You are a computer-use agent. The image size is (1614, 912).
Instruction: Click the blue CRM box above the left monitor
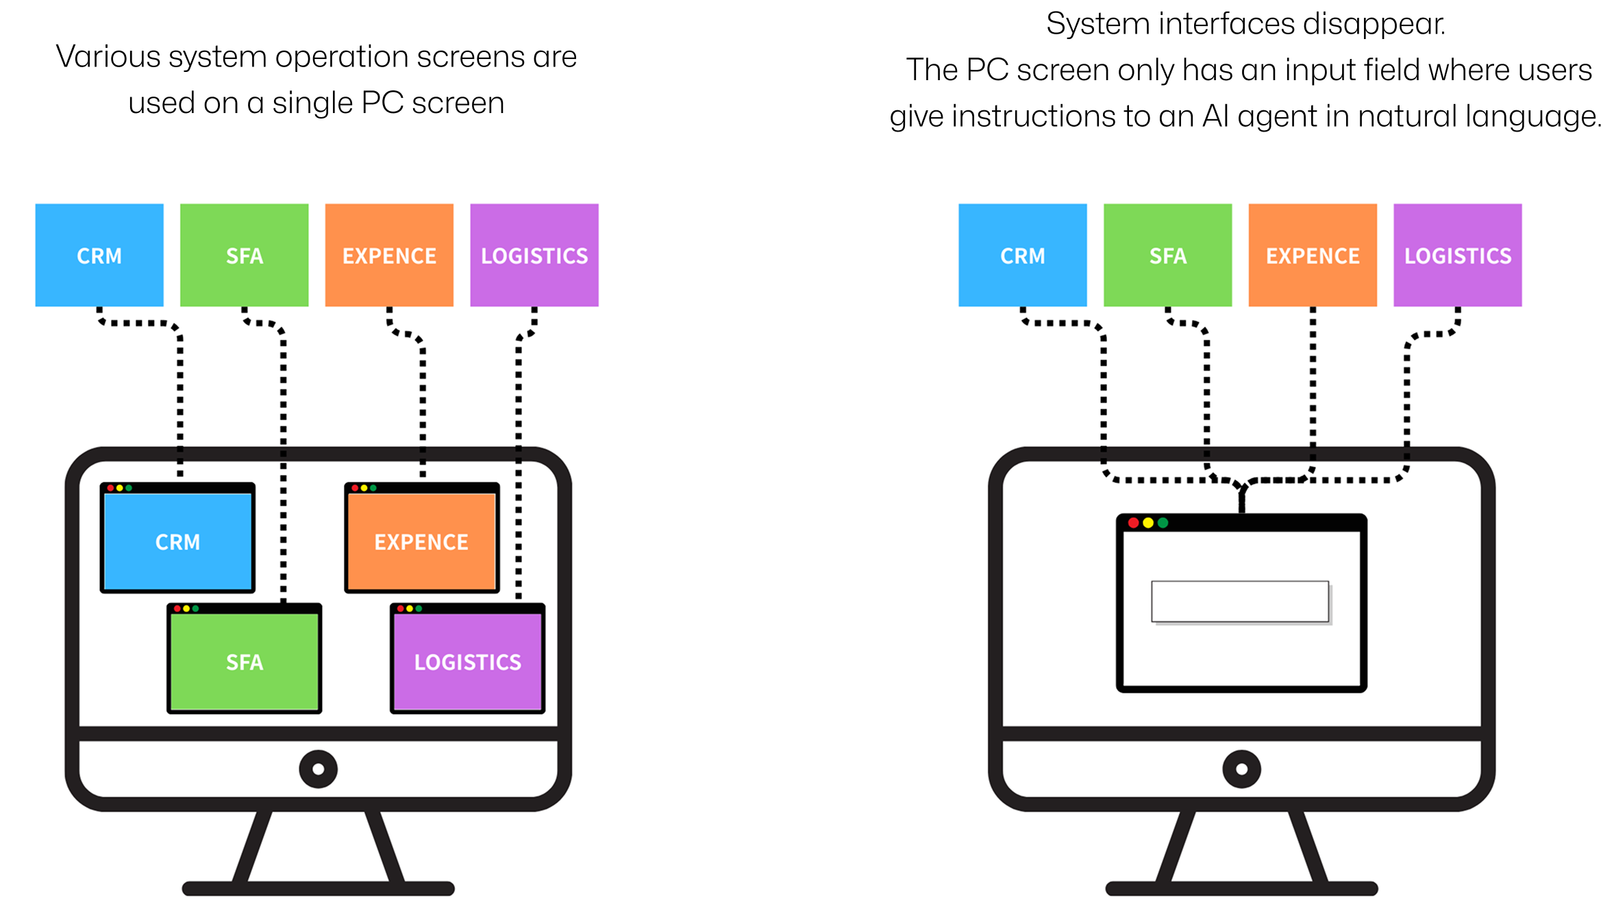pyautogui.click(x=99, y=255)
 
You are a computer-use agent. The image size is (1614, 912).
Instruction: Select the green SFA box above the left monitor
pyautogui.click(x=244, y=255)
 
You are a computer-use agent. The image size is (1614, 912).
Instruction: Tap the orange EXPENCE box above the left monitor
pyautogui.click(x=389, y=255)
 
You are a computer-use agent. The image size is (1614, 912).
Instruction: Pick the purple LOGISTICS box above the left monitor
pyautogui.click(x=534, y=255)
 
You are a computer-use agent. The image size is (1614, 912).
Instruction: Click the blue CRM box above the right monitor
pyautogui.click(x=1022, y=255)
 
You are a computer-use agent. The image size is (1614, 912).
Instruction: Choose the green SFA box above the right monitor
pyautogui.click(x=1167, y=255)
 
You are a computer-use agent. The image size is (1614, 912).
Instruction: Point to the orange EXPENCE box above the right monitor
pyautogui.click(x=1313, y=255)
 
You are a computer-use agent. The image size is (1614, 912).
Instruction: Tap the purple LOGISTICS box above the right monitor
pyautogui.click(x=1458, y=255)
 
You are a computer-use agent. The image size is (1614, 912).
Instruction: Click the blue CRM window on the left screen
pyautogui.click(x=177, y=541)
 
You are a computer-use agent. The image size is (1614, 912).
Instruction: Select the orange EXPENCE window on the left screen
pyautogui.click(x=421, y=541)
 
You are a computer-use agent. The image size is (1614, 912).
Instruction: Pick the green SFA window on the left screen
pyautogui.click(x=245, y=661)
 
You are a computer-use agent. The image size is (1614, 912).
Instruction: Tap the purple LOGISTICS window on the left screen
pyautogui.click(x=467, y=661)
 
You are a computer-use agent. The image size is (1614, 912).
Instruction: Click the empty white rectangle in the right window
pyautogui.click(x=1240, y=602)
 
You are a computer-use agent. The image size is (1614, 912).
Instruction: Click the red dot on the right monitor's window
pyautogui.click(x=1133, y=523)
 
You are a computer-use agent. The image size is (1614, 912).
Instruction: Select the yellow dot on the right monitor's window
pyautogui.click(x=1148, y=523)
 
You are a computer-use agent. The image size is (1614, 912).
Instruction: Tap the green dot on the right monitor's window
pyautogui.click(x=1163, y=523)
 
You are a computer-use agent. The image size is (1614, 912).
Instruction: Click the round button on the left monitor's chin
pyautogui.click(x=318, y=769)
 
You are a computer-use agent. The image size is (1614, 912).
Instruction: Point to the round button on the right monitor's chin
pyautogui.click(x=1241, y=769)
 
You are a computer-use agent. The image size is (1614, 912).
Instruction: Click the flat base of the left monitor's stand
pyautogui.click(x=318, y=889)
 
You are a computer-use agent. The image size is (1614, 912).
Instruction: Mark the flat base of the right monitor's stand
pyautogui.click(x=1241, y=889)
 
